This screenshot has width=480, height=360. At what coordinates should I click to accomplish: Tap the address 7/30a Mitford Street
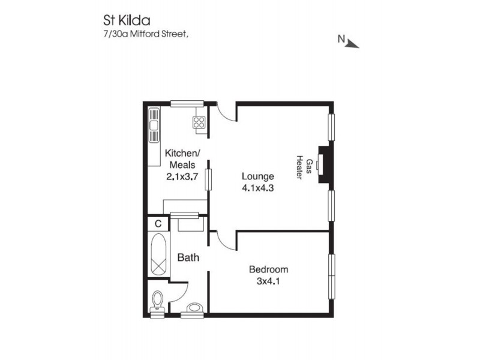coord(146,35)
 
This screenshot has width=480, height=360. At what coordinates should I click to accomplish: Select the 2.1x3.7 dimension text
coord(182,177)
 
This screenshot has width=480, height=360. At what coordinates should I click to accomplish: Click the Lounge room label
coord(258,176)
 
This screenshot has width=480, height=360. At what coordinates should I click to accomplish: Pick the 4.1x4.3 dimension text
coord(258,187)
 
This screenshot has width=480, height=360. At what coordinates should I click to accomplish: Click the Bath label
coord(188,258)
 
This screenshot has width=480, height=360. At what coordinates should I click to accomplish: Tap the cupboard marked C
coord(158,224)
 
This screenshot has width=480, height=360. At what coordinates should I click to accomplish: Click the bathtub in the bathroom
coord(159,256)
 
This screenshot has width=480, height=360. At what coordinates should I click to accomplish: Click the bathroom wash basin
coord(194,308)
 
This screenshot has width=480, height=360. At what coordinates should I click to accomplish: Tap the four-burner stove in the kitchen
coord(199,122)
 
